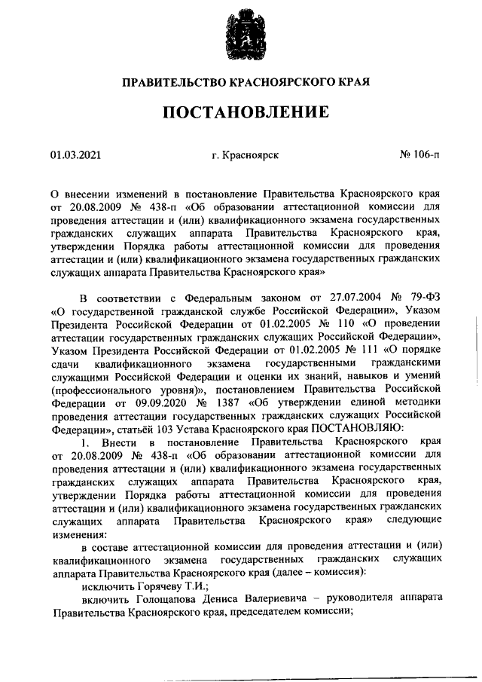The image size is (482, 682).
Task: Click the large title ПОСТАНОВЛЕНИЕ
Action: (x=240, y=112)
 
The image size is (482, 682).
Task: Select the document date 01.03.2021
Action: (x=75, y=155)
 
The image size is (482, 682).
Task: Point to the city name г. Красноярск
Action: (x=246, y=155)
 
